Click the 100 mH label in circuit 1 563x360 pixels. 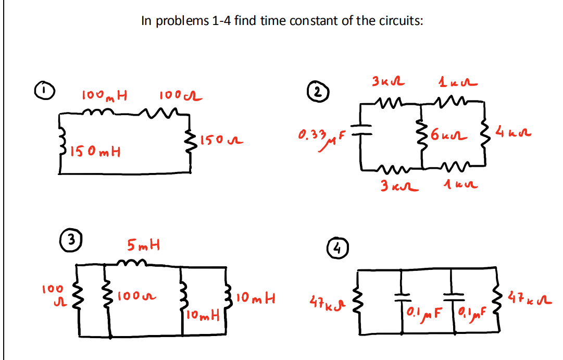pyautogui.click(x=106, y=96)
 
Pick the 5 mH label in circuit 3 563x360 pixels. pyautogui.click(x=144, y=243)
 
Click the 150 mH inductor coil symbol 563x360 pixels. pyautogui.click(x=65, y=147)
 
